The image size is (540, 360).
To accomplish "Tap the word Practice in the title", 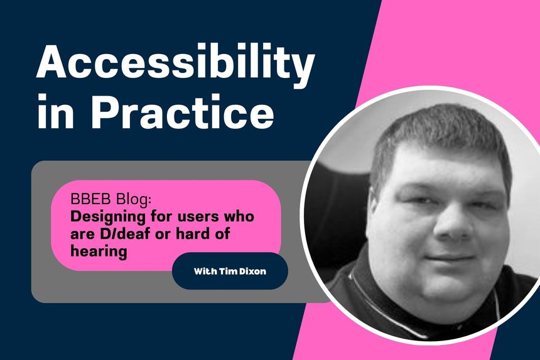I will (183, 114).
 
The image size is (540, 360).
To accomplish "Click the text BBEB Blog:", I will (104, 202).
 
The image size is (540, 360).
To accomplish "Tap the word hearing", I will (100, 251).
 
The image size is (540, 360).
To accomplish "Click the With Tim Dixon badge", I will (230, 271).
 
